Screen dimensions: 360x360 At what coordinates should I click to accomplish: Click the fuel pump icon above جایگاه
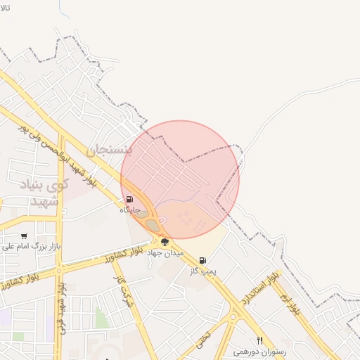129,200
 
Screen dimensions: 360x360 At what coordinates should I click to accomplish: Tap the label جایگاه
129,210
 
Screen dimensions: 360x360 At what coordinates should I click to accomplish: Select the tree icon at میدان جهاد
165,242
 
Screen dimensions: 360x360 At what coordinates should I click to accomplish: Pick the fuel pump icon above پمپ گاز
202,260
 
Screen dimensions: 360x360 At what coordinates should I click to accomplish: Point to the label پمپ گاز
202,270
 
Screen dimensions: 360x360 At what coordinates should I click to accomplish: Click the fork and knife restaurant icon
259,341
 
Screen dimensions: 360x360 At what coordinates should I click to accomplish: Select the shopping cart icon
25,236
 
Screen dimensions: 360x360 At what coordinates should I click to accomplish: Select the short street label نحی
203,340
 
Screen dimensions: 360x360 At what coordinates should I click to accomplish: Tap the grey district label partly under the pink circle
108,150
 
